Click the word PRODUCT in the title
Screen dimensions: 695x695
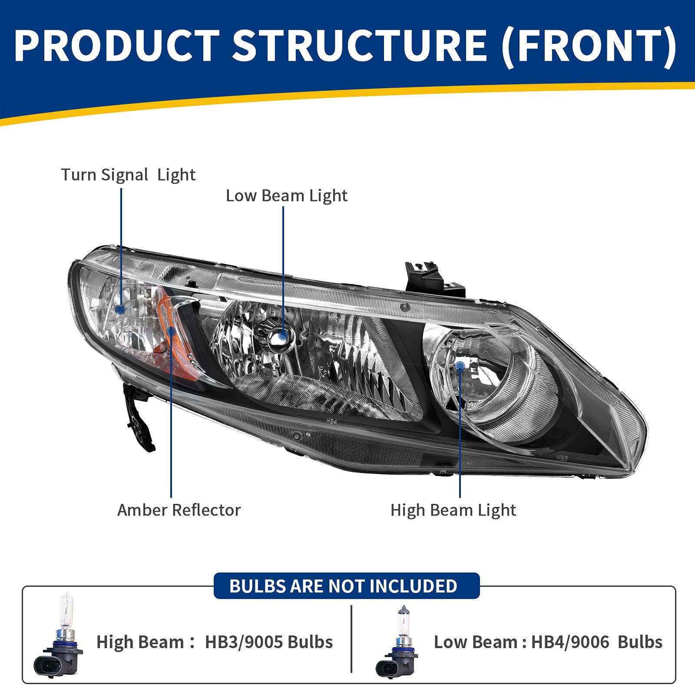click(116, 46)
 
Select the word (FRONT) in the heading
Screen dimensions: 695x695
click(589, 46)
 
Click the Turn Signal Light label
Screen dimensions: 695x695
click(128, 175)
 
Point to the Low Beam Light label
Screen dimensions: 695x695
click(286, 196)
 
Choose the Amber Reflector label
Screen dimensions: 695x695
click(179, 510)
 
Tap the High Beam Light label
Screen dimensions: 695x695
click(453, 510)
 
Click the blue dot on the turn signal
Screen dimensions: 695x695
click(121, 309)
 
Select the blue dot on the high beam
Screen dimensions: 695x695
click(460, 365)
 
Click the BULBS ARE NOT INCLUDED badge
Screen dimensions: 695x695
click(346, 586)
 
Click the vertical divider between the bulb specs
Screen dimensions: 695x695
click(351, 639)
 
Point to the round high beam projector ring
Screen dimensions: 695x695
click(482, 378)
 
